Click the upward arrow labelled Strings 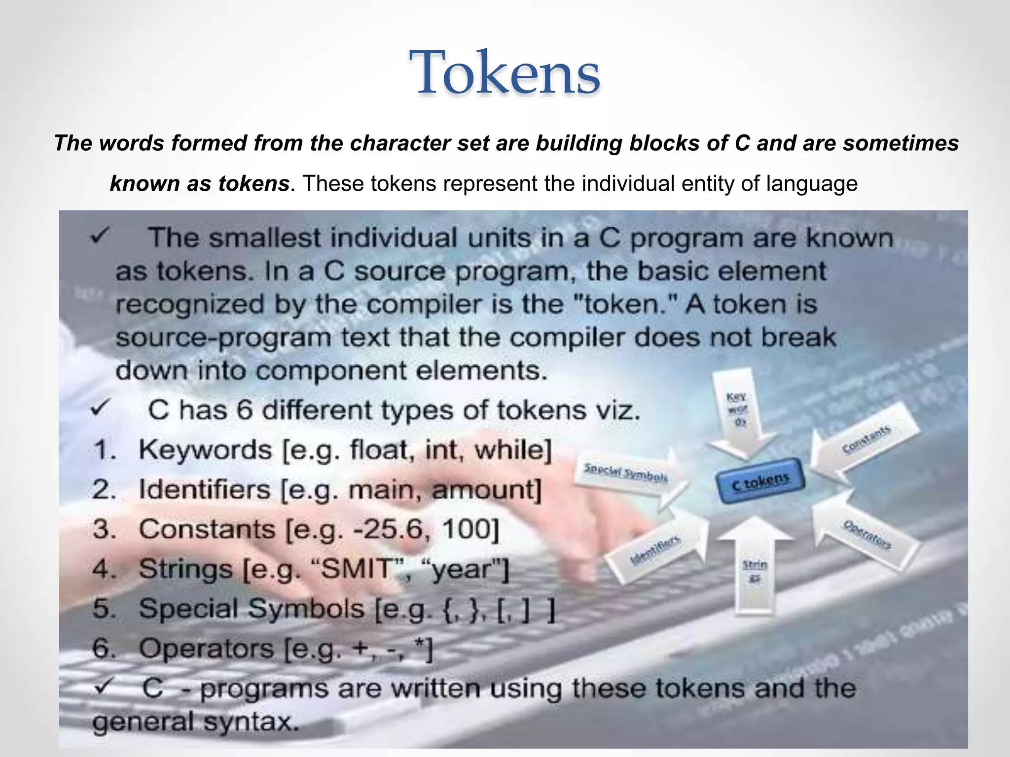pyautogui.click(x=755, y=567)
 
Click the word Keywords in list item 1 pyautogui.click(x=205, y=450)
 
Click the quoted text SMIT pyautogui.click(x=356, y=569)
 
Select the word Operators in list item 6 pyautogui.click(x=206, y=649)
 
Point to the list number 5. pyautogui.click(x=104, y=609)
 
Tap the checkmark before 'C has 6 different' pyautogui.click(x=101, y=409)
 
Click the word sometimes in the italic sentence pyautogui.click(x=901, y=143)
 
